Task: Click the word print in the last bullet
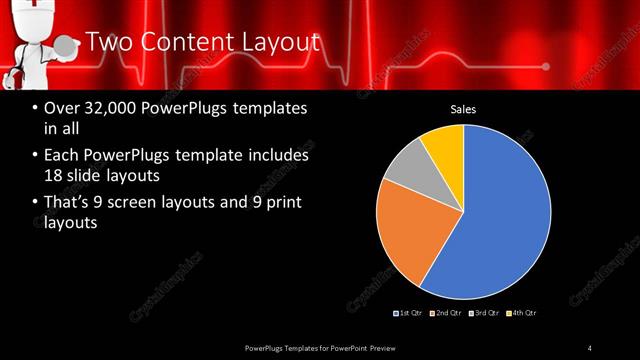click(284, 204)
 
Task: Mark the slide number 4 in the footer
click(590, 347)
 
